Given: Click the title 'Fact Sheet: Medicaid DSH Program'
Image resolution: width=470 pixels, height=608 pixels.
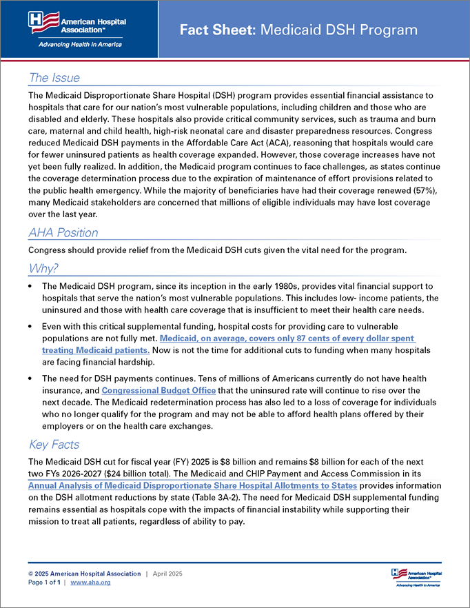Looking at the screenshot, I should pyautogui.click(x=298, y=30).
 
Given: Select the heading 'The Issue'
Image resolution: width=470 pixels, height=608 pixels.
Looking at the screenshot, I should pyautogui.click(x=54, y=78).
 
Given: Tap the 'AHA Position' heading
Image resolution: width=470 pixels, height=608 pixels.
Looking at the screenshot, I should pyautogui.click(x=63, y=232).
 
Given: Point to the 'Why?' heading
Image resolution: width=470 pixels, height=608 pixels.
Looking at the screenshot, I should pyautogui.click(x=43, y=268).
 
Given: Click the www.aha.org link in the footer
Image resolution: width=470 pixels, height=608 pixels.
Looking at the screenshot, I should pyautogui.click(x=90, y=582).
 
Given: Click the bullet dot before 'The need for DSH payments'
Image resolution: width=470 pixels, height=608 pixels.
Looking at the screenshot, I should pyautogui.click(x=31, y=379).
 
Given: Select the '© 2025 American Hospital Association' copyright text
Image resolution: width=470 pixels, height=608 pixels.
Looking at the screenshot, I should pyautogui.click(x=84, y=574).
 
